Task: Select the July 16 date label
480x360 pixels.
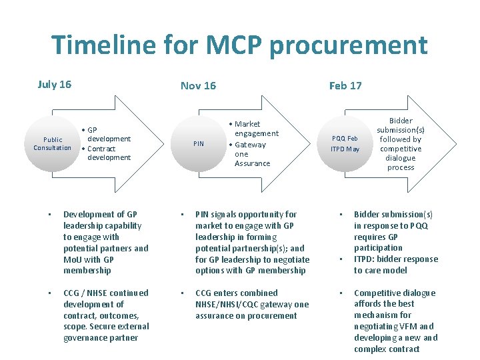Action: coord(55,84)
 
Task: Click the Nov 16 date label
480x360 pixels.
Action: coord(198,85)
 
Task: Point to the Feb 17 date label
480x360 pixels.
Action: coord(345,85)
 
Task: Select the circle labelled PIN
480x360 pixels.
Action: coord(199,143)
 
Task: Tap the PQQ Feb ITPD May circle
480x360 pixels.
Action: coord(345,143)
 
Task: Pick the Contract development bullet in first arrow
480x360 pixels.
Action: coord(108,153)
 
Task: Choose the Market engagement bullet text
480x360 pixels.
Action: coord(255,129)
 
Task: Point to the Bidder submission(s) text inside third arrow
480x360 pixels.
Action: coord(400,144)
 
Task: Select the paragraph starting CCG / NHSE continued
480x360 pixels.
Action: coord(105,315)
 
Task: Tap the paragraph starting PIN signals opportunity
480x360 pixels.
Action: coord(252,242)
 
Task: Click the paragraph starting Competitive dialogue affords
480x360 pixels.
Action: coord(395,321)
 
